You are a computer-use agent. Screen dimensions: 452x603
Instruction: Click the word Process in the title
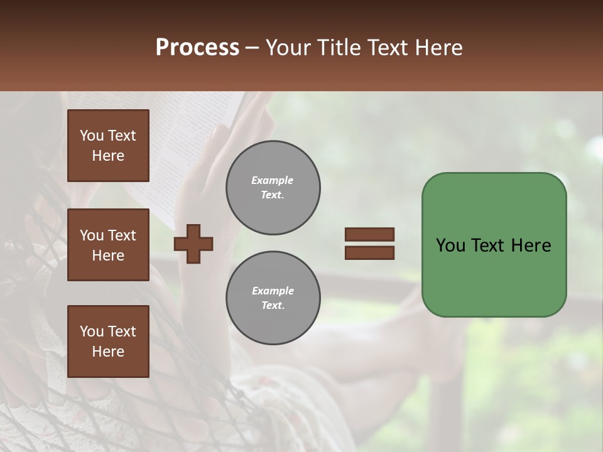point(197,48)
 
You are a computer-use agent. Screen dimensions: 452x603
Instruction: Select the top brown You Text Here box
point(108,146)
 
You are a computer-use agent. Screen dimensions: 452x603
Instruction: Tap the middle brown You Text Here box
point(108,245)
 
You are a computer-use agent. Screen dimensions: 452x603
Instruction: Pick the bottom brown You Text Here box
point(108,341)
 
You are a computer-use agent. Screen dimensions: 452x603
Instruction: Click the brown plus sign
point(193,244)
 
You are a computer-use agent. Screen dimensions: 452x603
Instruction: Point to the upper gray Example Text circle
point(273,188)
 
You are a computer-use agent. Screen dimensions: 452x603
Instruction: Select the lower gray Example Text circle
point(273,298)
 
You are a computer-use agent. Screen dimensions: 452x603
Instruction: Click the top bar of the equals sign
point(369,234)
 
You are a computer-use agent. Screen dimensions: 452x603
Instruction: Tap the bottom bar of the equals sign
point(369,252)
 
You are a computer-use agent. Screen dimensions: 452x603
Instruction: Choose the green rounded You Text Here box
point(494,245)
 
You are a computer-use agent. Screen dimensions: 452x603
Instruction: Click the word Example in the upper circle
point(273,180)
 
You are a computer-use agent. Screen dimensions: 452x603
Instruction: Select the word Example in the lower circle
point(273,291)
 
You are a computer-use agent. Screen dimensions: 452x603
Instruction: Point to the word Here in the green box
point(531,245)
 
